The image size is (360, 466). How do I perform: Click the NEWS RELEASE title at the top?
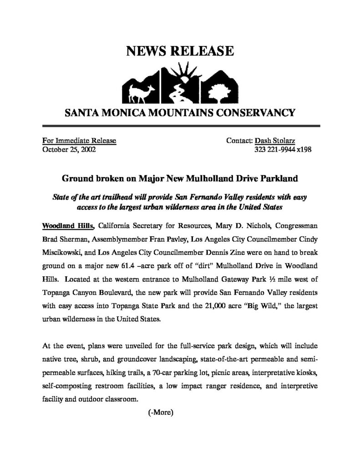[179, 51]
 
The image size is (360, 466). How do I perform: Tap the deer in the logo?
[136, 92]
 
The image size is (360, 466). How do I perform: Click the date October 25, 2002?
[69, 149]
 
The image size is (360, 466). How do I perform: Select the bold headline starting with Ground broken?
[180, 179]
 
